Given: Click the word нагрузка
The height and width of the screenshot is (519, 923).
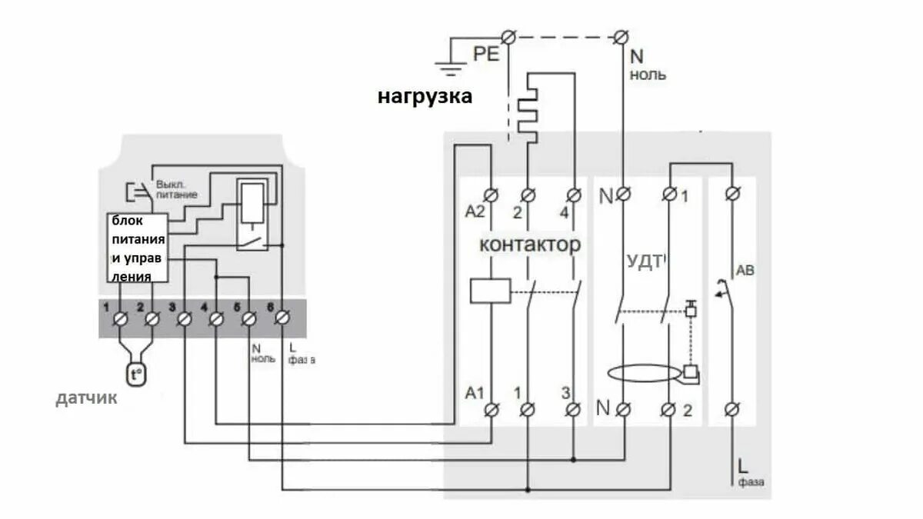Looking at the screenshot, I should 425,97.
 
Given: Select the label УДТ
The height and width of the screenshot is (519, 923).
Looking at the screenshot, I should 644,261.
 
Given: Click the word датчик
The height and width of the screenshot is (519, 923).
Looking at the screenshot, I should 86,398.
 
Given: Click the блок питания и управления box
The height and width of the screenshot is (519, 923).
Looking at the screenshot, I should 135,248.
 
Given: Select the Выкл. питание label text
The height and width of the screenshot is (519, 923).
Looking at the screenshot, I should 177,190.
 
